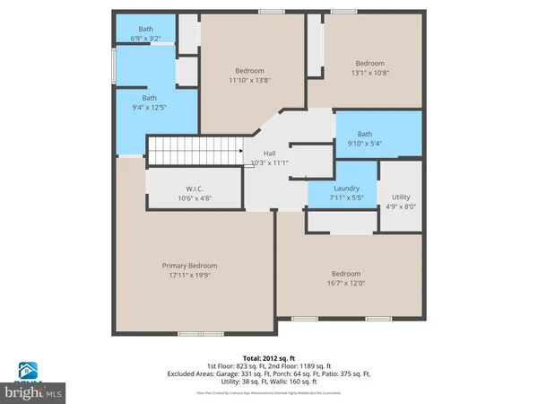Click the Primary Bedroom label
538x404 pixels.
(x=189, y=266)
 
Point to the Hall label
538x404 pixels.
(x=268, y=154)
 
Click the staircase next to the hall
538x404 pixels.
(x=195, y=151)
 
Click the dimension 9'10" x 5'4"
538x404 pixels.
(x=364, y=143)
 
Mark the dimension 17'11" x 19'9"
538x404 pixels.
(x=189, y=276)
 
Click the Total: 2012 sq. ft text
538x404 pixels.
(x=268, y=357)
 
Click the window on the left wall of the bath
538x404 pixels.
(x=114, y=66)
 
